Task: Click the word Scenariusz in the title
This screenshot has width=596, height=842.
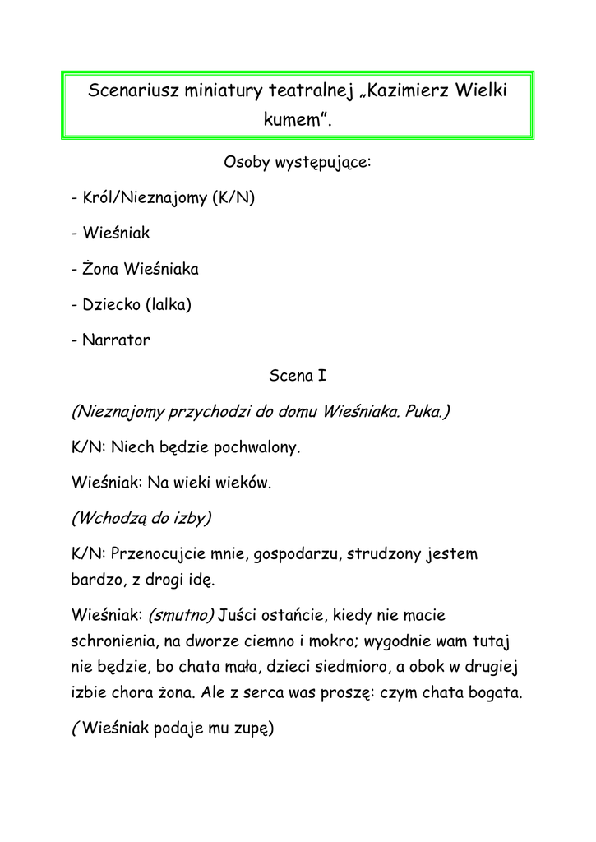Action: pyautogui.click(x=128, y=91)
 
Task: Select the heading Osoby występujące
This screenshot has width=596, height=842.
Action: pyautogui.click(x=298, y=162)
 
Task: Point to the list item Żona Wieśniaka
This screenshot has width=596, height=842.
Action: pyautogui.click(x=140, y=269)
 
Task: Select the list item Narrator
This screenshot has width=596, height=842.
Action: pyautogui.click(x=116, y=340)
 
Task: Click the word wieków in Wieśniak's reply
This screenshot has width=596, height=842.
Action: pyautogui.click(x=243, y=483)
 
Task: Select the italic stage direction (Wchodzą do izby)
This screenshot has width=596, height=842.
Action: pyautogui.click(x=141, y=519)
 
